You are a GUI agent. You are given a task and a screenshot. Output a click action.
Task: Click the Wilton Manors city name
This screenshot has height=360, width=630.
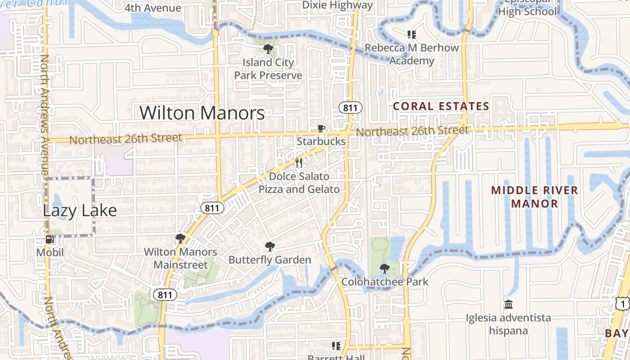point(202,112)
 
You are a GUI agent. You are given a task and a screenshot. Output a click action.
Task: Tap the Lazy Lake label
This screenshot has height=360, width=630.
point(80,210)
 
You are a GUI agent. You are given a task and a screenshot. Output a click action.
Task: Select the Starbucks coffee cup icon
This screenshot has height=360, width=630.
point(321,129)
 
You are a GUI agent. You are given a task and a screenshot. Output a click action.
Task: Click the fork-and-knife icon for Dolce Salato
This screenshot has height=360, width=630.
point(299,163)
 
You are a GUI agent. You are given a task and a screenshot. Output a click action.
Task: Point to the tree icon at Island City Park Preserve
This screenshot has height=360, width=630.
point(268,49)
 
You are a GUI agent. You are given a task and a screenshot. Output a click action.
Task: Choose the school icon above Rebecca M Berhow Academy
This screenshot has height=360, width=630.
point(411,34)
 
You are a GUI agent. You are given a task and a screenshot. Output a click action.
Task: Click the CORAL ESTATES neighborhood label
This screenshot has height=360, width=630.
point(441,106)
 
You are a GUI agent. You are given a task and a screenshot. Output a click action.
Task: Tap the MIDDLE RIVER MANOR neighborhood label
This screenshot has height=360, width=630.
point(534,197)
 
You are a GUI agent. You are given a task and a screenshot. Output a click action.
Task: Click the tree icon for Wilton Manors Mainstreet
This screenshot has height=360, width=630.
point(180,238)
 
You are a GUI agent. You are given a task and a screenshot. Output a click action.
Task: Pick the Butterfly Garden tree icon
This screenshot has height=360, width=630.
point(270,246)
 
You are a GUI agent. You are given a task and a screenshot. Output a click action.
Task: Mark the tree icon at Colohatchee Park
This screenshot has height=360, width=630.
point(384,269)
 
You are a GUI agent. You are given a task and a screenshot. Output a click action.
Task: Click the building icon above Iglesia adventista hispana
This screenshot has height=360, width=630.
point(508,305)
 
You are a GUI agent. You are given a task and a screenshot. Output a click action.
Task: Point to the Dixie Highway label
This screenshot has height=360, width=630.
point(337,5)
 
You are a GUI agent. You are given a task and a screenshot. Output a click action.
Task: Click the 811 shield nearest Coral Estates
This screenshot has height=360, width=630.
point(350,108)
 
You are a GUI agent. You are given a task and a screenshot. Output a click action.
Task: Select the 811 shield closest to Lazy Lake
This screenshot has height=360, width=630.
point(211,208)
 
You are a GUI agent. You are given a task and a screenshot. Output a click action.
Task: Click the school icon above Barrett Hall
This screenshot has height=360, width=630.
point(336,346)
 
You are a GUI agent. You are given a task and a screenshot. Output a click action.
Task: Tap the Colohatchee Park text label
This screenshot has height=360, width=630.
point(385,282)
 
